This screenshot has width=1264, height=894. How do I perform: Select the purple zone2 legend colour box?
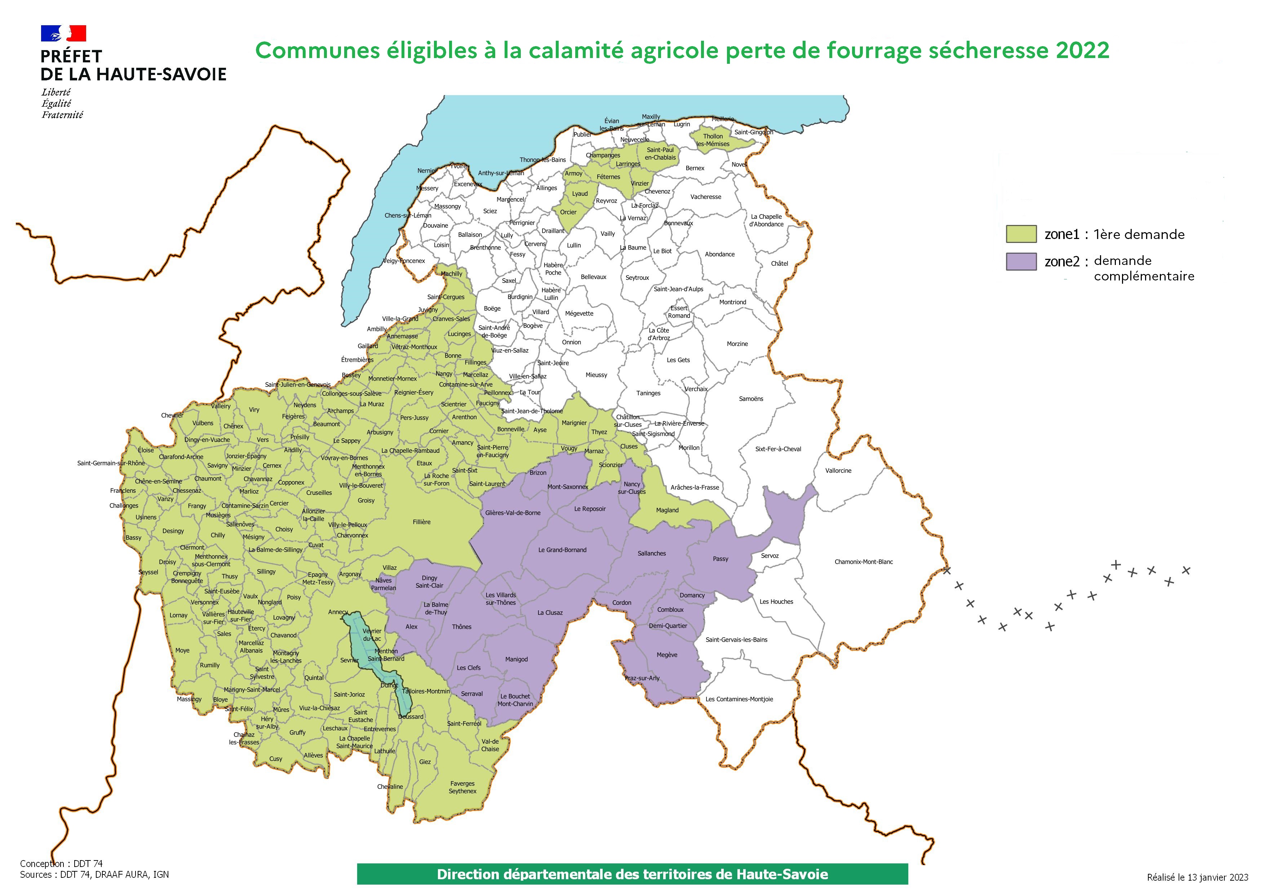[1021, 261]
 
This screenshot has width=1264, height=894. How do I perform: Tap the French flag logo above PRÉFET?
[63, 33]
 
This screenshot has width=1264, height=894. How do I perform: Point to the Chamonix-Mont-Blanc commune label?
[863, 562]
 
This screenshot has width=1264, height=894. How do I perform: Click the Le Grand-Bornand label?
[562, 549]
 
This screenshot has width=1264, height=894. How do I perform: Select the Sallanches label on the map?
[651, 553]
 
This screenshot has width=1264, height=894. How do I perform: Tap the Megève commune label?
[667, 655]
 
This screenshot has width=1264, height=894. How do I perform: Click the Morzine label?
[737, 344]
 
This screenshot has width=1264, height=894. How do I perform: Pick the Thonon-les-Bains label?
[542, 160]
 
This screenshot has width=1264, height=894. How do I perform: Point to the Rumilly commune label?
[210, 665]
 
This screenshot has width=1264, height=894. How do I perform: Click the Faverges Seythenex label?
[462, 787]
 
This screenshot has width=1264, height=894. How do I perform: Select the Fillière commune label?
[422, 521]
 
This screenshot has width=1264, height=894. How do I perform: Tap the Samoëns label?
[751, 399]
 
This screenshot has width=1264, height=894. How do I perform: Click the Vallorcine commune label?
[838, 470]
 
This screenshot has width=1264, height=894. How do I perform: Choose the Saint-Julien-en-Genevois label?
[298, 384]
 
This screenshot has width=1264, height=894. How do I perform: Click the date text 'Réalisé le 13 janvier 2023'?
[1197, 877]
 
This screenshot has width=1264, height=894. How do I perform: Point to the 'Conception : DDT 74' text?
[61, 863]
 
